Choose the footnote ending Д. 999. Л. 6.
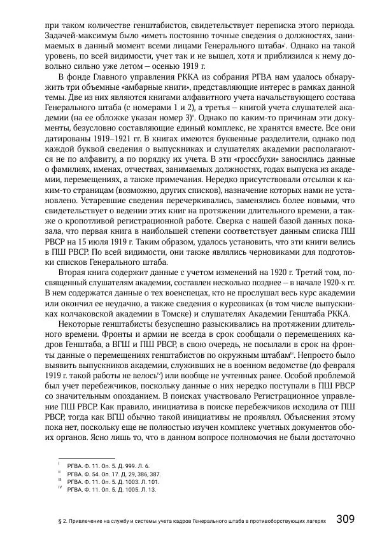coord(108,466)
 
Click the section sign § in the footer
coord(59,520)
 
